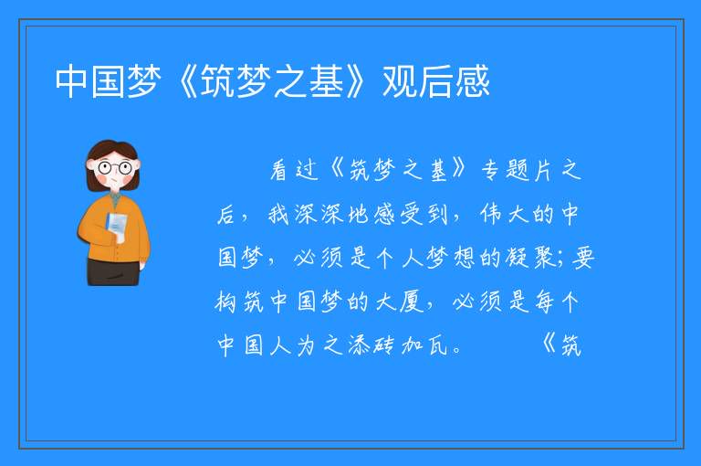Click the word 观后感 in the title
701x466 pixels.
436,81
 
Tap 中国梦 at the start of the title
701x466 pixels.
109,81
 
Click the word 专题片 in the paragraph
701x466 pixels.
516,170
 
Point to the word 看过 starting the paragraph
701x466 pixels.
294,170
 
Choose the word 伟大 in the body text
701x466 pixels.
504,214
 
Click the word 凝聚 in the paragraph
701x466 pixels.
531,258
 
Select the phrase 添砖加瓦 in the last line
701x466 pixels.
398,345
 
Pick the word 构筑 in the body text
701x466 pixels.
240,302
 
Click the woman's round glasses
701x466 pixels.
115,168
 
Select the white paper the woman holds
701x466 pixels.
116,227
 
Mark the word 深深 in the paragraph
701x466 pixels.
320,214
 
